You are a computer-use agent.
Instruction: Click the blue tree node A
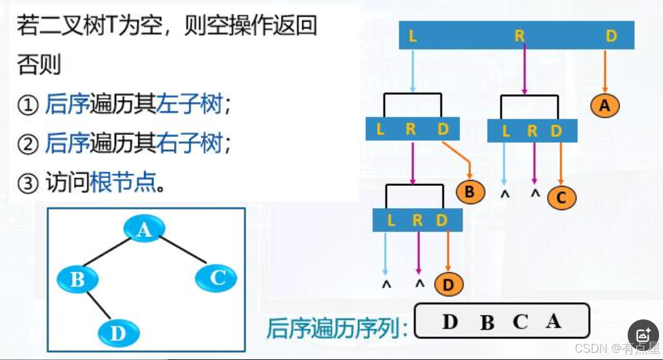tap(143, 229)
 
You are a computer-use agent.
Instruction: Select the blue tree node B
tap(77, 280)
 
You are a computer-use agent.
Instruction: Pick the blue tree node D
tap(118, 334)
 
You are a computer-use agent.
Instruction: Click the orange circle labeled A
tap(604, 105)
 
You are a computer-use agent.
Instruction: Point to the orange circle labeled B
tap(470, 192)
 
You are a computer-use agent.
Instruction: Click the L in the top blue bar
tap(412, 35)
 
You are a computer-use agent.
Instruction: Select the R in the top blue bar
tap(520, 36)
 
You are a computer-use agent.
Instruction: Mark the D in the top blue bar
tap(611, 35)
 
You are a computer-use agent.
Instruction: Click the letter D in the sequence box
tap(450, 321)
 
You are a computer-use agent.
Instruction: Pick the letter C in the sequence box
tap(520, 322)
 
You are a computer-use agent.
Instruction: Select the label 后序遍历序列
tap(335, 327)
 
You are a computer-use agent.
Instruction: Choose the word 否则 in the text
tap(39, 65)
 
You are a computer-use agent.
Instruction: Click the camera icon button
tap(643, 334)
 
